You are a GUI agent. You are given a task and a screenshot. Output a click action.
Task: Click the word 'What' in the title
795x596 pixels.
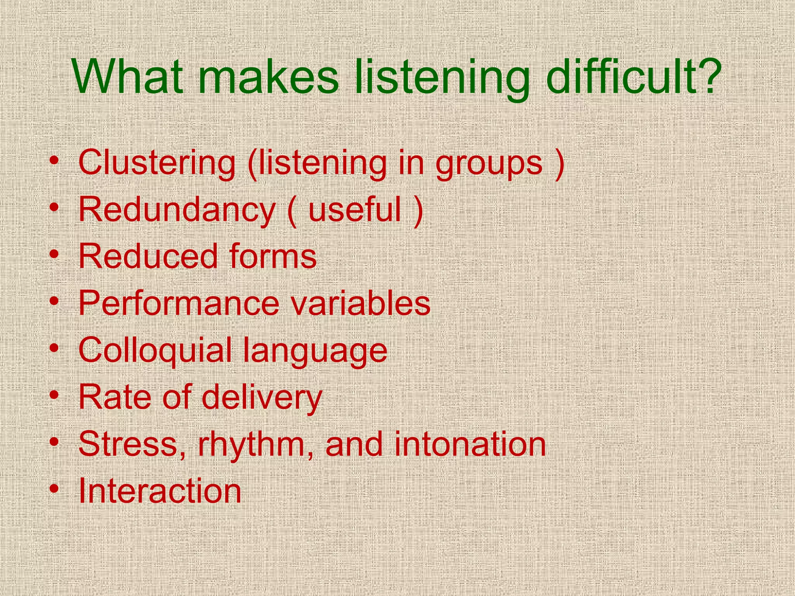click(128, 77)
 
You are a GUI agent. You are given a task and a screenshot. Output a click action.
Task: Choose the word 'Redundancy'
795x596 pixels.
click(177, 210)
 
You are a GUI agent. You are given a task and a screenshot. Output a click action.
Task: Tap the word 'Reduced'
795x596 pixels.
click(148, 256)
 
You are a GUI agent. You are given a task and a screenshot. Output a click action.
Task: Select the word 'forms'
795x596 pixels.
click(273, 256)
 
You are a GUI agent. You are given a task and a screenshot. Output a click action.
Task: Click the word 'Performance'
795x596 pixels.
click(179, 303)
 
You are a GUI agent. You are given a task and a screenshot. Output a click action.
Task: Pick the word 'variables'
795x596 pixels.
click(361, 303)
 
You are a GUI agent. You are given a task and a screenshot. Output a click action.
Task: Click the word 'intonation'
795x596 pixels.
click(470, 444)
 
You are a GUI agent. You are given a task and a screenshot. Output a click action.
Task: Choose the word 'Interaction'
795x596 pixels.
click(160, 491)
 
